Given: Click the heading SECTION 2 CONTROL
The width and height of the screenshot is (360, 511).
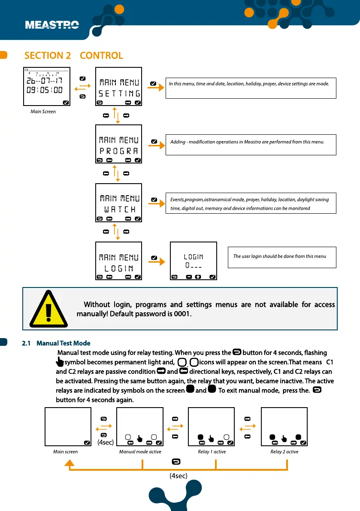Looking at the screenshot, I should pyautogui.click(x=74, y=55).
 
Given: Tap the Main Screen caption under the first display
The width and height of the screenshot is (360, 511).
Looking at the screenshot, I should pyautogui.click(x=42, y=112).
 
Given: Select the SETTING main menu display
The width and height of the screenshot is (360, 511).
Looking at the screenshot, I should pyautogui.click(x=118, y=87).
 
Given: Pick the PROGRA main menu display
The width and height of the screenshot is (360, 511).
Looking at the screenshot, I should pyautogui.click(x=118, y=144).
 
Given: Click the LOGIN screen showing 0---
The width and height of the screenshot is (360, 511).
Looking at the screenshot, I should pyautogui.click(x=194, y=261).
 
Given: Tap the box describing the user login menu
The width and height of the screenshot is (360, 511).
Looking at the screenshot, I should pyautogui.click(x=281, y=257).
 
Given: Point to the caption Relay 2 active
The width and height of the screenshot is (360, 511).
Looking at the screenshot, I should pyautogui.click(x=284, y=452).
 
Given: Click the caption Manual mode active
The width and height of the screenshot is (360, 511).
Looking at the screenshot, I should pyautogui.click(x=140, y=452).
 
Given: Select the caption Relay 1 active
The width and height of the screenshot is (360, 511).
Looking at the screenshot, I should pyautogui.click(x=212, y=452).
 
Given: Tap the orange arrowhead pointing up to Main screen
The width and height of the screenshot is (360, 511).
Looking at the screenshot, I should pyautogui.click(x=70, y=463).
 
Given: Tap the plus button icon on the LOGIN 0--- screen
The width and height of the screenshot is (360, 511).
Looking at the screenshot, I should pyautogui.click(x=198, y=277).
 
